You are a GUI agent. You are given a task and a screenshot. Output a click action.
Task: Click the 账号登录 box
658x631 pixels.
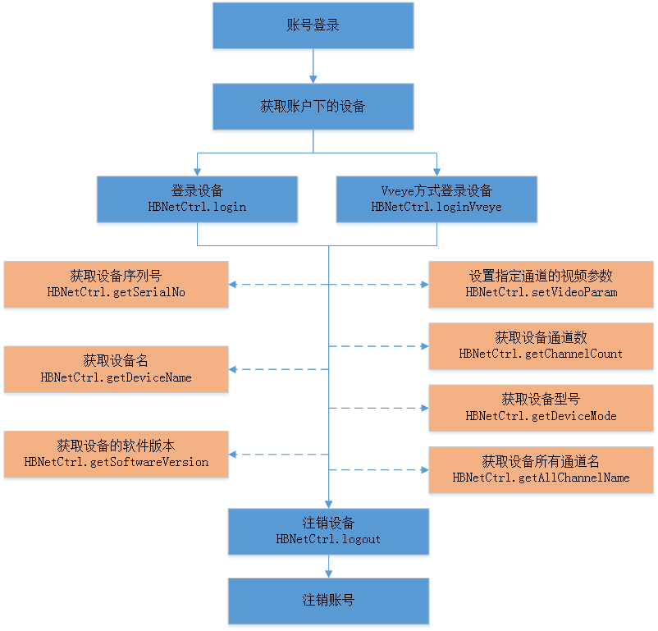(313, 25)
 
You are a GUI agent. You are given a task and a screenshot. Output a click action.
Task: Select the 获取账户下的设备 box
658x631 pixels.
(313, 107)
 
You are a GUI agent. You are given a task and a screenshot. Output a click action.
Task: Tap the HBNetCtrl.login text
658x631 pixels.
(197, 207)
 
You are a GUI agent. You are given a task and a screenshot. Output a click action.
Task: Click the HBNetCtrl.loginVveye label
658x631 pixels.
(436, 207)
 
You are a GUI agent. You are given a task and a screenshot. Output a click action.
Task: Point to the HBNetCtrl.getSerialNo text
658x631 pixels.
(116, 292)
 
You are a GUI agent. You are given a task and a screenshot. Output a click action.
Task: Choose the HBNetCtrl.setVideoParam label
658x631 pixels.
(541, 292)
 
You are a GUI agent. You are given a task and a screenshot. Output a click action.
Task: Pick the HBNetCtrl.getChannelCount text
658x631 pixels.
(541, 354)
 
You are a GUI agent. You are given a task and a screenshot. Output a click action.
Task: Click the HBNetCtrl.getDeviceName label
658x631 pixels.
(116, 377)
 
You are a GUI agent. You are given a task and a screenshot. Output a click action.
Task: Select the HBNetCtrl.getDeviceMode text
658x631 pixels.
(541, 416)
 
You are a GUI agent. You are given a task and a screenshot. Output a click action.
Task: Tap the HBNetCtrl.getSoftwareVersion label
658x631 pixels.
(116, 462)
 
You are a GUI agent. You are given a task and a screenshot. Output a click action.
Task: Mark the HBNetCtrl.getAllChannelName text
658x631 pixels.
(541, 478)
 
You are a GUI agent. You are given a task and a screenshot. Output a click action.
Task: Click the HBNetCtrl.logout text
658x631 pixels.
(328, 539)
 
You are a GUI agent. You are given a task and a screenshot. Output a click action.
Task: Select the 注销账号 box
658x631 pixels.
(328, 601)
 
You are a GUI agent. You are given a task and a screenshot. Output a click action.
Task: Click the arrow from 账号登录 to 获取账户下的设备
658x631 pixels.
(313, 66)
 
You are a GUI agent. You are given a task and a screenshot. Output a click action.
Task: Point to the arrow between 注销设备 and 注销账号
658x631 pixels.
(328, 566)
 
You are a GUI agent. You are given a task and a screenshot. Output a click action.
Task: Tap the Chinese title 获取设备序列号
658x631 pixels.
(116, 276)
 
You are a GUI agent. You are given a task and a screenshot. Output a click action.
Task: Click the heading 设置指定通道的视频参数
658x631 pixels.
(541, 276)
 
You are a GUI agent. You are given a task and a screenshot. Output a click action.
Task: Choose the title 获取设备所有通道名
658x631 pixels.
(541, 461)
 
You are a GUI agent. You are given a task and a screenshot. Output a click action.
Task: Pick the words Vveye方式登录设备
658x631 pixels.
(436, 190)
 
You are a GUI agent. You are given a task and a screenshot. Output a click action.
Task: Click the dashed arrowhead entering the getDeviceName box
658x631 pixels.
(234, 369)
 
